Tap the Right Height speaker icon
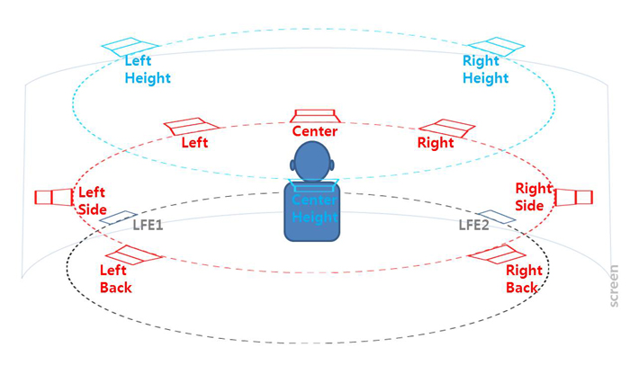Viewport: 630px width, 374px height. (490, 46)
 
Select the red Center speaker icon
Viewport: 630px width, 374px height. (315, 116)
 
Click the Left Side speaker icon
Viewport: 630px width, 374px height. (54, 197)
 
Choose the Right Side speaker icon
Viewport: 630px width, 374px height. (573, 196)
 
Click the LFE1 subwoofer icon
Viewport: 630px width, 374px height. (116, 217)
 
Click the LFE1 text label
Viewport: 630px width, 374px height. (148, 225)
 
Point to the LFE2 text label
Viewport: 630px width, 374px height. (473, 225)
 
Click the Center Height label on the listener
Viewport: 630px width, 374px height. (314, 209)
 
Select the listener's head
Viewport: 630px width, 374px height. (313, 163)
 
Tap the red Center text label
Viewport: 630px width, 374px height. (315, 132)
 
